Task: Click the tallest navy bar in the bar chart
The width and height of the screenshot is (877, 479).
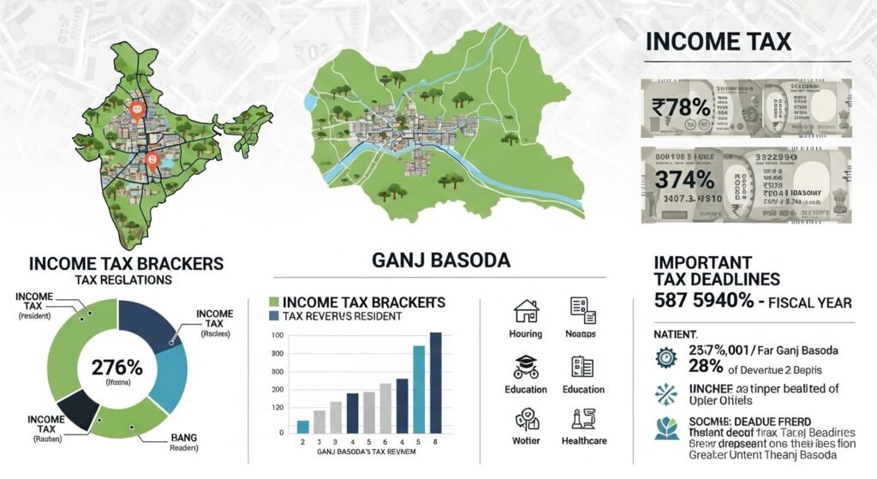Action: pos(435,382)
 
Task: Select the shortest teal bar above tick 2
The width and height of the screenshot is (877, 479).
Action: pos(303,426)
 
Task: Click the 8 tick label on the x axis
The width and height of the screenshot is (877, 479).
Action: pos(435,440)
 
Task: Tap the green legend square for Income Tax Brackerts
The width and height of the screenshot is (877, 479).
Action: pos(274,302)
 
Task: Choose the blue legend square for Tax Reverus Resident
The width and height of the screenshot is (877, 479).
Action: pos(274,315)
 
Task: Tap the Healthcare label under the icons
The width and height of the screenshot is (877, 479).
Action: pos(585,440)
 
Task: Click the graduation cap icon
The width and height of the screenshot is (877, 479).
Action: pos(525,366)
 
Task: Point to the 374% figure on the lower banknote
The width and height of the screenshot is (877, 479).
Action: pos(683,181)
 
